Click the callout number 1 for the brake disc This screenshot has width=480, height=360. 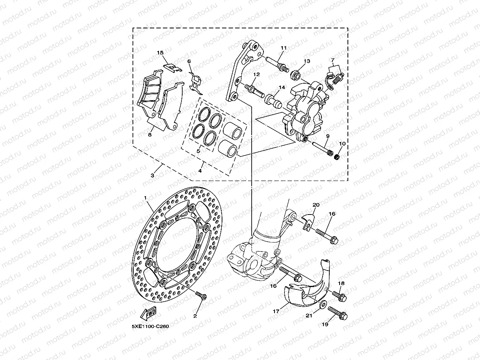point(145,197)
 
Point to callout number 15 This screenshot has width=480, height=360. point(160,52)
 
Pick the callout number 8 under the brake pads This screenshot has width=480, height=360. point(149,134)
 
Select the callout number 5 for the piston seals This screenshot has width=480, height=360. point(198,150)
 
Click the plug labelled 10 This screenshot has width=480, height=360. point(338,157)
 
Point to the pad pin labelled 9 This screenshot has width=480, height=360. point(321,148)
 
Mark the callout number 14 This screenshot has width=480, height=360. point(282,88)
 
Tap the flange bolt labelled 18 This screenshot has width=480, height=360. point(339,294)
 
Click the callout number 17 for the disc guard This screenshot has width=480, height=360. point(276,311)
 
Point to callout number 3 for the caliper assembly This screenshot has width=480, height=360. point(153,175)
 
